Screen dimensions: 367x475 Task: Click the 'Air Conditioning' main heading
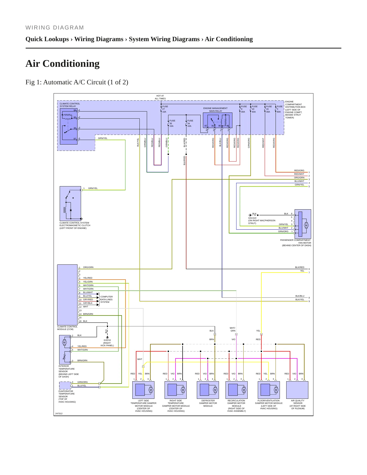coord(62,64)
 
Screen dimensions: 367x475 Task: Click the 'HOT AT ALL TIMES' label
coord(160,97)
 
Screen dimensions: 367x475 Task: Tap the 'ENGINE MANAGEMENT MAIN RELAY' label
coord(215,110)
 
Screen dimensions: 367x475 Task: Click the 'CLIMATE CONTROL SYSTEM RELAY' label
coord(70,105)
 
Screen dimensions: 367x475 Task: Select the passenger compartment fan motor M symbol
coord(306,225)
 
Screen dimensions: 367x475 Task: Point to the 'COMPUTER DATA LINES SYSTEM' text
coord(106,299)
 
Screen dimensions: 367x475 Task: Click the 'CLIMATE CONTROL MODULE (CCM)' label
coord(67,328)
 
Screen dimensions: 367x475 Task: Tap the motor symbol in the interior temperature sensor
coord(64,342)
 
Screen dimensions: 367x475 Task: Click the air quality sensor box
coord(297,390)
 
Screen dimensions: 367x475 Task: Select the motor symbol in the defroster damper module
coord(215,390)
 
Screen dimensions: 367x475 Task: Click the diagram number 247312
coord(59,414)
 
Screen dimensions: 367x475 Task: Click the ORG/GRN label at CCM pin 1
coord(88,267)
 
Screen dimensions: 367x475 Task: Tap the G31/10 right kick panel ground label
coord(107,343)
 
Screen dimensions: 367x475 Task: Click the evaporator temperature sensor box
coord(65,386)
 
